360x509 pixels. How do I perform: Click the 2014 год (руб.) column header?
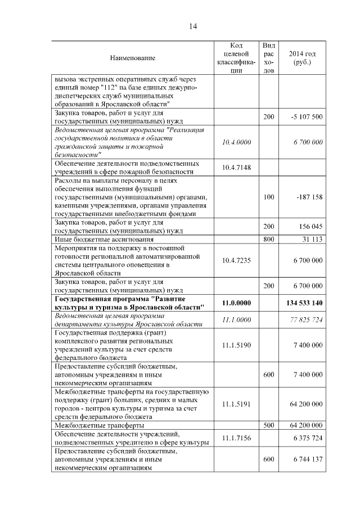click(x=302, y=58)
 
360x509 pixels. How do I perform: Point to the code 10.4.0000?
click(x=236, y=142)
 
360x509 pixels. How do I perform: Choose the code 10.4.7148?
click(x=236, y=167)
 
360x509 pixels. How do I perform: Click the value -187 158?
click(x=308, y=197)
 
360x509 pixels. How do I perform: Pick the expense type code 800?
click(x=269, y=239)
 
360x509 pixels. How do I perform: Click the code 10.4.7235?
click(x=236, y=260)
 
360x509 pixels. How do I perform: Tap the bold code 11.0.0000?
click(x=236, y=303)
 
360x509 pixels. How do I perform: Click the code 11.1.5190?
click(x=236, y=345)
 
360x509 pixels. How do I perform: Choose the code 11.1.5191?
click(x=236, y=404)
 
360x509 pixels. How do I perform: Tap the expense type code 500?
click(x=269, y=425)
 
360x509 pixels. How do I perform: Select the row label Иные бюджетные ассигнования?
click(x=97, y=239)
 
